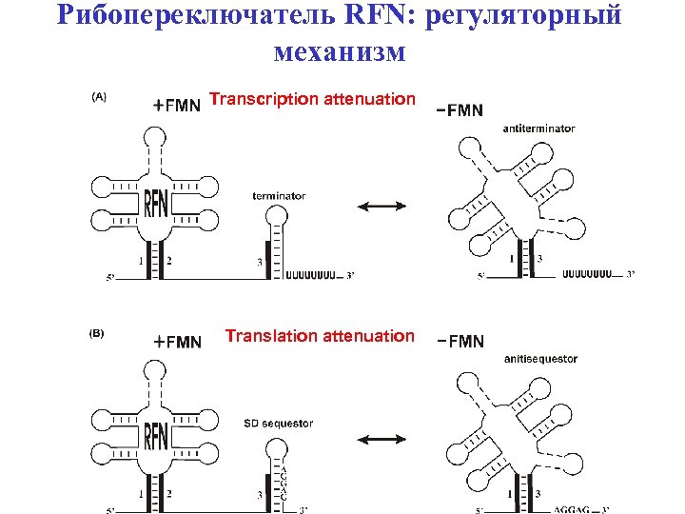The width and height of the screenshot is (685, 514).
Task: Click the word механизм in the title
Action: [x=340, y=50]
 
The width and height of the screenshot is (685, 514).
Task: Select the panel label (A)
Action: [x=98, y=96]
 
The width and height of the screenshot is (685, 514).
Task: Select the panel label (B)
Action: [x=97, y=334]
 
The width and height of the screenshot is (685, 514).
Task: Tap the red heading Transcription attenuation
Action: [x=312, y=99]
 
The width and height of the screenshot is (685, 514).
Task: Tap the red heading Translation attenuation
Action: [x=320, y=336]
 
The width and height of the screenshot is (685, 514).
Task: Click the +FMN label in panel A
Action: [x=177, y=106]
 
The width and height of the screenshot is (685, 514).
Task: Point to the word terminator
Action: [x=279, y=196]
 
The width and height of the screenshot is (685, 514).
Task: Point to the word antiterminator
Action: [x=538, y=128]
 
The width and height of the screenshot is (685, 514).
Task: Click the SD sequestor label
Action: [x=278, y=424]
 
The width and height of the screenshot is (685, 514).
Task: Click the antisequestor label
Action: [x=541, y=359]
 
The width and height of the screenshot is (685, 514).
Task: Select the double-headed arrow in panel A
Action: [x=380, y=207]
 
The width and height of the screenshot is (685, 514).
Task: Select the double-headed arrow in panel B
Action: [x=380, y=439]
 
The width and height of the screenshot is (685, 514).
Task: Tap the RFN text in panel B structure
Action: [x=156, y=436]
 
